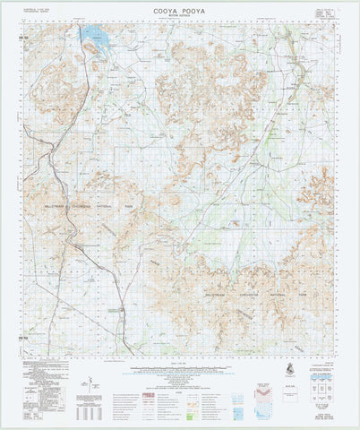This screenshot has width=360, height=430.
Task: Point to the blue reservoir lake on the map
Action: click(x=93, y=36)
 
